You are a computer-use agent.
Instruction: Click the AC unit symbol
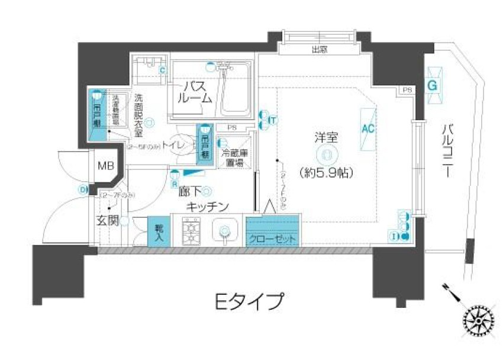[367, 127]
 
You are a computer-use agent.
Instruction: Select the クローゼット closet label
[273, 239]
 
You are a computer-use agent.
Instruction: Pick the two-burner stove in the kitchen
[192, 232]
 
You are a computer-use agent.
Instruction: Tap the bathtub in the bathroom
[234, 92]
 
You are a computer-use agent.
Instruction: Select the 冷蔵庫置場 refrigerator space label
[234, 157]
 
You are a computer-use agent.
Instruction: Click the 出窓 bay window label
[320, 50]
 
